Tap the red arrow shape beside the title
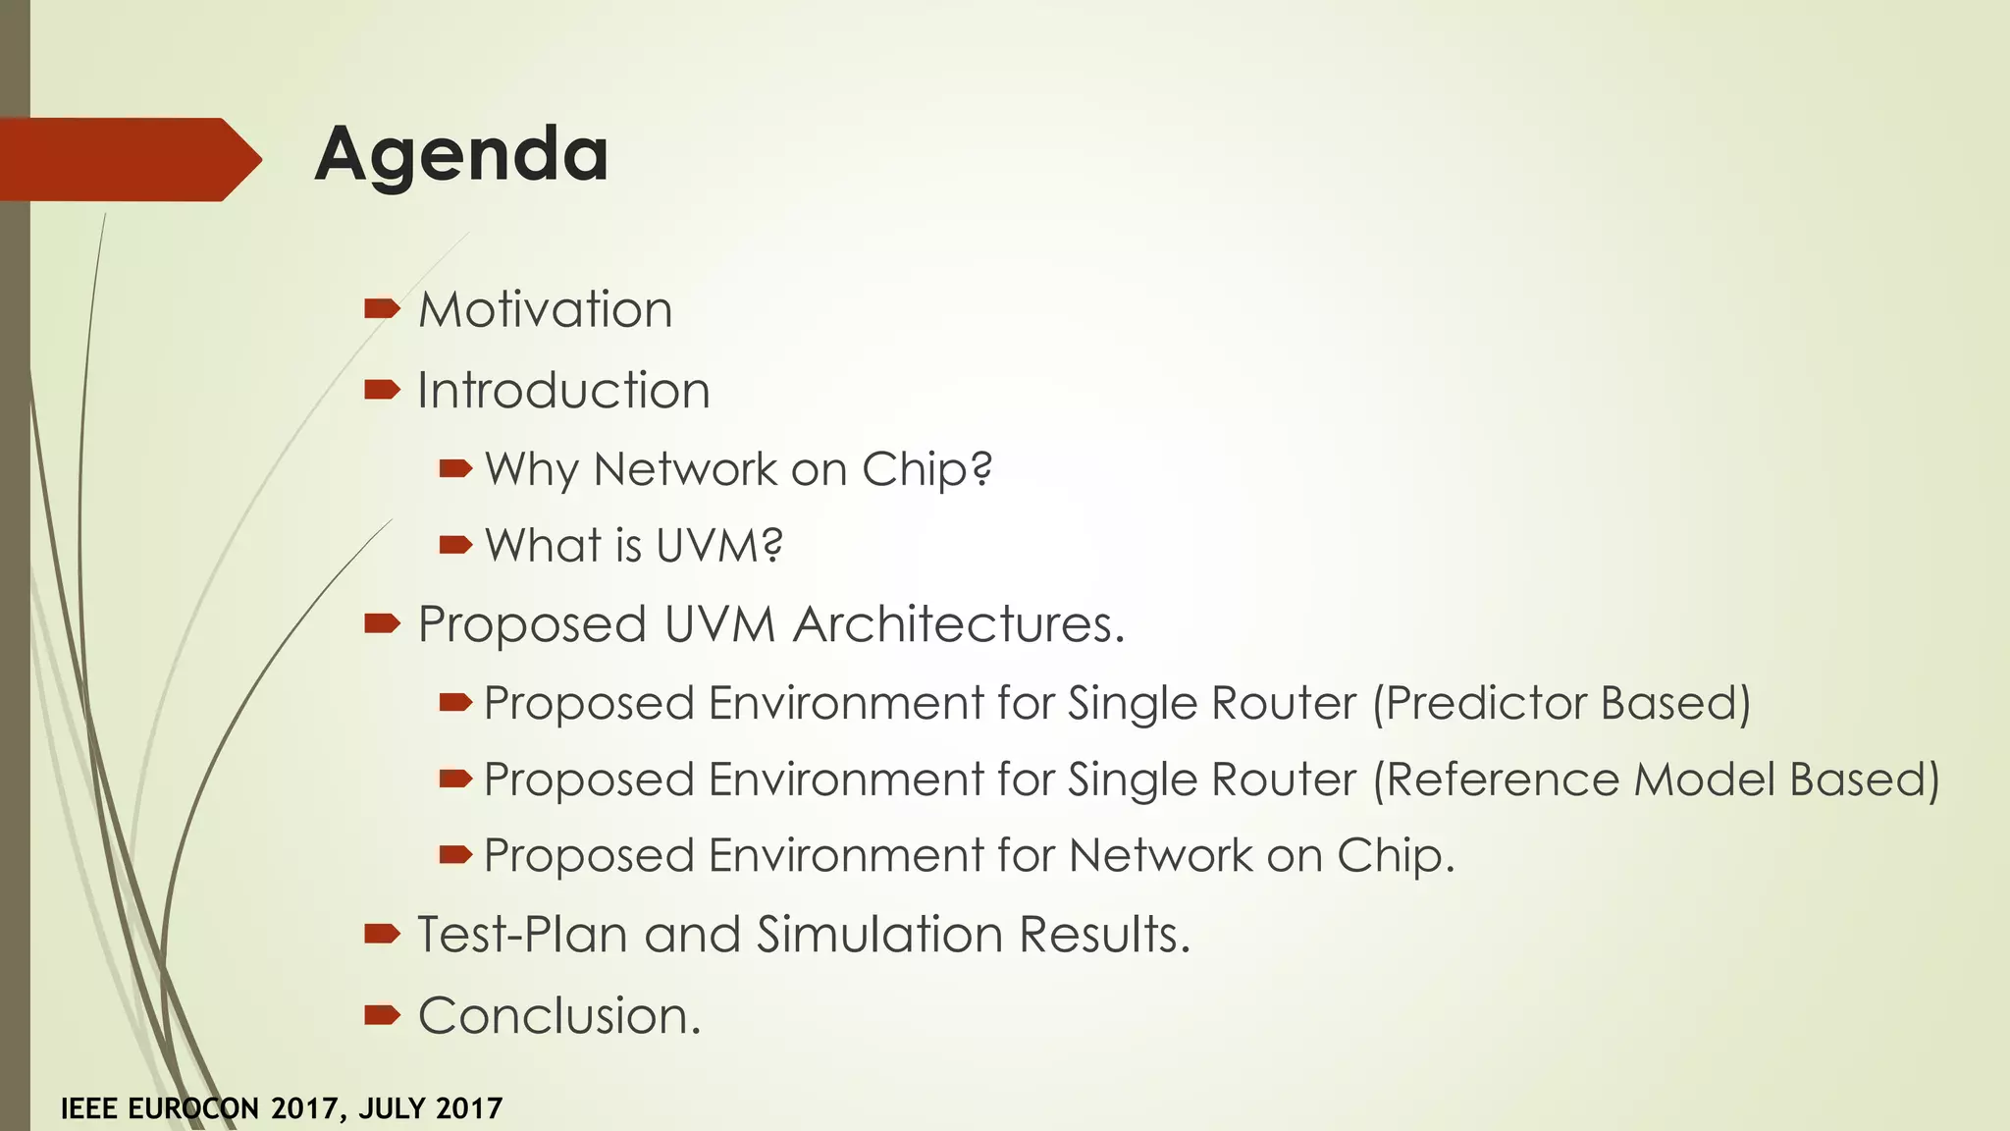pyautogui.click(x=128, y=159)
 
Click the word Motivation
pyautogui.click(x=546, y=310)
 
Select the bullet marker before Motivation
pyautogui.click(x=381, y=310)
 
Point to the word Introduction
pyautogui.click(x=563, y=391)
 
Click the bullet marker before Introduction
pyautogui.click(x=381, y=391)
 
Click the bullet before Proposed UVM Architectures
pyautogui.click(x=381, y=623)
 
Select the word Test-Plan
pyautogui.click(x=522, y=935)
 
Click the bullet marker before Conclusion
pyautogui.click(x=381, y=1015)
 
